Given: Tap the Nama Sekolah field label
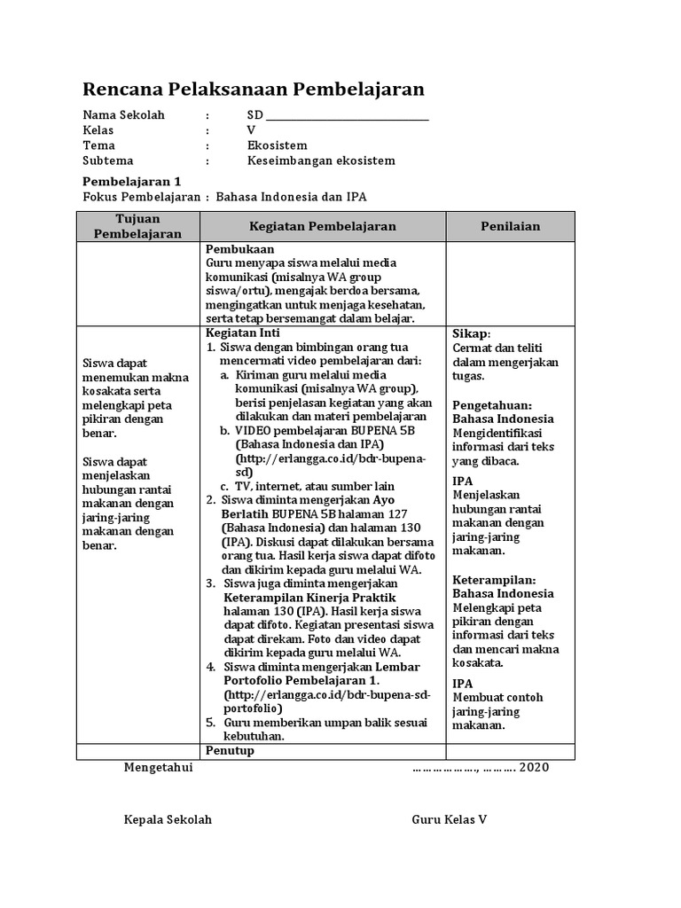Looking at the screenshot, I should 123,115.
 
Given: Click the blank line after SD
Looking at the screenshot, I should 347,118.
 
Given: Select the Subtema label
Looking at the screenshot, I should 107,160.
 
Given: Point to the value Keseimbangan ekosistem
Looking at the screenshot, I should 321,160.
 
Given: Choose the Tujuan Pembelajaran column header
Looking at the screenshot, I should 137,226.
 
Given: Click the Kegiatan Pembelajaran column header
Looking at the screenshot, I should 323,227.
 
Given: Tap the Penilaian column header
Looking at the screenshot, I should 510,227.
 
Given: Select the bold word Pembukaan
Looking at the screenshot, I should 240,249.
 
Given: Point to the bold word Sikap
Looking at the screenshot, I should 470,333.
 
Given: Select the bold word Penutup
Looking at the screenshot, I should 230,750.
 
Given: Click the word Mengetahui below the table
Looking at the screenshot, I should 158,767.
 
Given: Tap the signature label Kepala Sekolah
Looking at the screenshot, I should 168,819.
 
